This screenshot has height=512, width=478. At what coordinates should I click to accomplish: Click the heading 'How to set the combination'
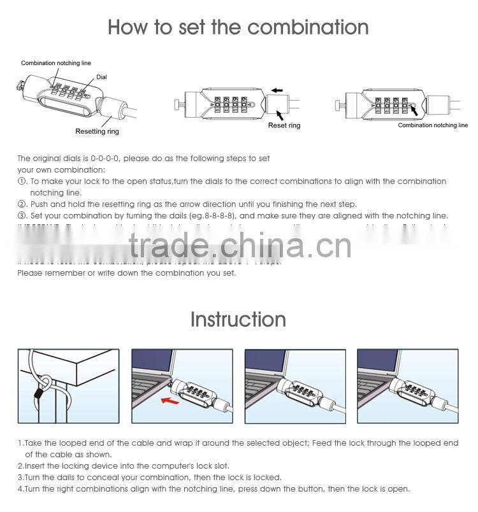click(238, 27)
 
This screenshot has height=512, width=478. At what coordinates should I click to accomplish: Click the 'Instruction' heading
click(238, 319)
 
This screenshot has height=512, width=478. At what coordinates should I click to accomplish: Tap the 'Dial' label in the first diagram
click(101, 77)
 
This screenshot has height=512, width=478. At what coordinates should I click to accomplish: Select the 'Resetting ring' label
click(97, 131)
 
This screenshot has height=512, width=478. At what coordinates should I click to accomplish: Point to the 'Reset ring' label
click(284, 125)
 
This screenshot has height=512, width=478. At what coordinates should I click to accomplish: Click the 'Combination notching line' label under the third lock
click(433, 125)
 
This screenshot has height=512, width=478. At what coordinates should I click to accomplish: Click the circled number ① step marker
click(21, 181)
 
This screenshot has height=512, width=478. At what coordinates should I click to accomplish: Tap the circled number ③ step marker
click(21, 216)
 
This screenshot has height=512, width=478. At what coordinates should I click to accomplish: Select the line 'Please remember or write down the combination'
click(126, 273)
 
